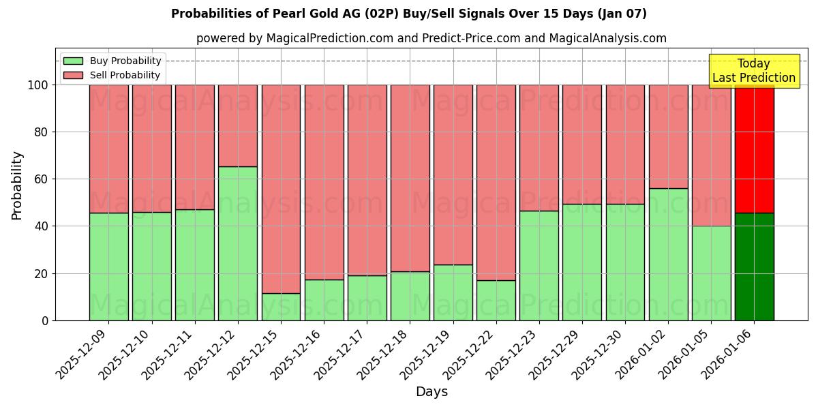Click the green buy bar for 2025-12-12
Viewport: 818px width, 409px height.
[238, 243]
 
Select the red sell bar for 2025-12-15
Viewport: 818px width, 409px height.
[281, 189]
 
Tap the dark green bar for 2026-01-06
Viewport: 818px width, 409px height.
[754, 267]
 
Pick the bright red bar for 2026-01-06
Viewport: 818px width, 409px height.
[754, 149]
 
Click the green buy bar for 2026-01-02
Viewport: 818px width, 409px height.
[668, 254]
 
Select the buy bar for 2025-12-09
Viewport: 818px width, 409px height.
[108, 267]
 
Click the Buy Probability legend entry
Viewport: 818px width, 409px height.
[112, 61]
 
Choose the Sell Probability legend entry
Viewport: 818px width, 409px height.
[112, 75]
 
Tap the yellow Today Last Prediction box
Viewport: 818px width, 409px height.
[754, 71]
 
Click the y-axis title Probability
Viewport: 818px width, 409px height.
[17, 185]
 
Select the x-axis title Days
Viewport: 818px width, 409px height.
[431, 392]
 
